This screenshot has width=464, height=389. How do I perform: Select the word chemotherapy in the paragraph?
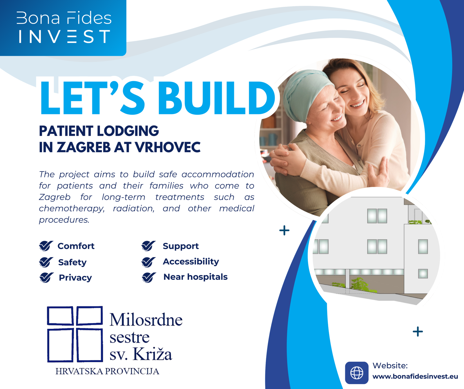(x=71, y=209)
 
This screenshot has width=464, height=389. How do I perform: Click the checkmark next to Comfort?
(x=46, y=246)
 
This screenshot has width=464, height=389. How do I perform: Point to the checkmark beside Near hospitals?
(x=149, y=277)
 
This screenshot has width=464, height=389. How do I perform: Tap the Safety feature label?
(x=72, y=262)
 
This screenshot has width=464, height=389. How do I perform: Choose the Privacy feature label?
(x=75, y=278)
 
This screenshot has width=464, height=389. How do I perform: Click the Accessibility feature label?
(x=191, y=261)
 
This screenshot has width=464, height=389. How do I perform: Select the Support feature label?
(x=181, y=246)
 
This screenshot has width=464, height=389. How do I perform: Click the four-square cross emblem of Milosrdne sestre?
(x=75, y=334)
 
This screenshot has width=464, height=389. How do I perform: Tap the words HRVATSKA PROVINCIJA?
(x=107, y=371)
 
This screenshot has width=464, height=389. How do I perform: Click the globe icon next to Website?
(x=357, y=372)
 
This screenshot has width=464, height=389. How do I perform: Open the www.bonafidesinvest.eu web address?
(x=415, y=377)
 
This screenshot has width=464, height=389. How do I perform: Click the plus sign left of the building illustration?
(x=284, y=231)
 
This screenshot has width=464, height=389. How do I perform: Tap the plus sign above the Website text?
(x=418, y=331)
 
